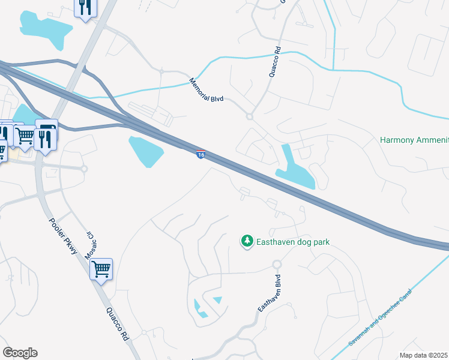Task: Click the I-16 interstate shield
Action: [201, 154]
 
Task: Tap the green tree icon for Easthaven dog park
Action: [247, 241]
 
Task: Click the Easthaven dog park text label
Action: [294, 242]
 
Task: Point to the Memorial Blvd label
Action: [206, 89]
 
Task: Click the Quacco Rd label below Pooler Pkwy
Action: [118, 325]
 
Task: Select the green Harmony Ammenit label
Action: [414, 140]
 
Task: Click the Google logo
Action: [20, 353]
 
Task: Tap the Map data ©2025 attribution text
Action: [424, 355]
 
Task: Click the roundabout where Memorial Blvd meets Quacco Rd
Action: [249, 117]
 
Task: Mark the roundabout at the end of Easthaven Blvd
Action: [277, 265]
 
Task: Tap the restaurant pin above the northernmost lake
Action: [85, 7]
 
